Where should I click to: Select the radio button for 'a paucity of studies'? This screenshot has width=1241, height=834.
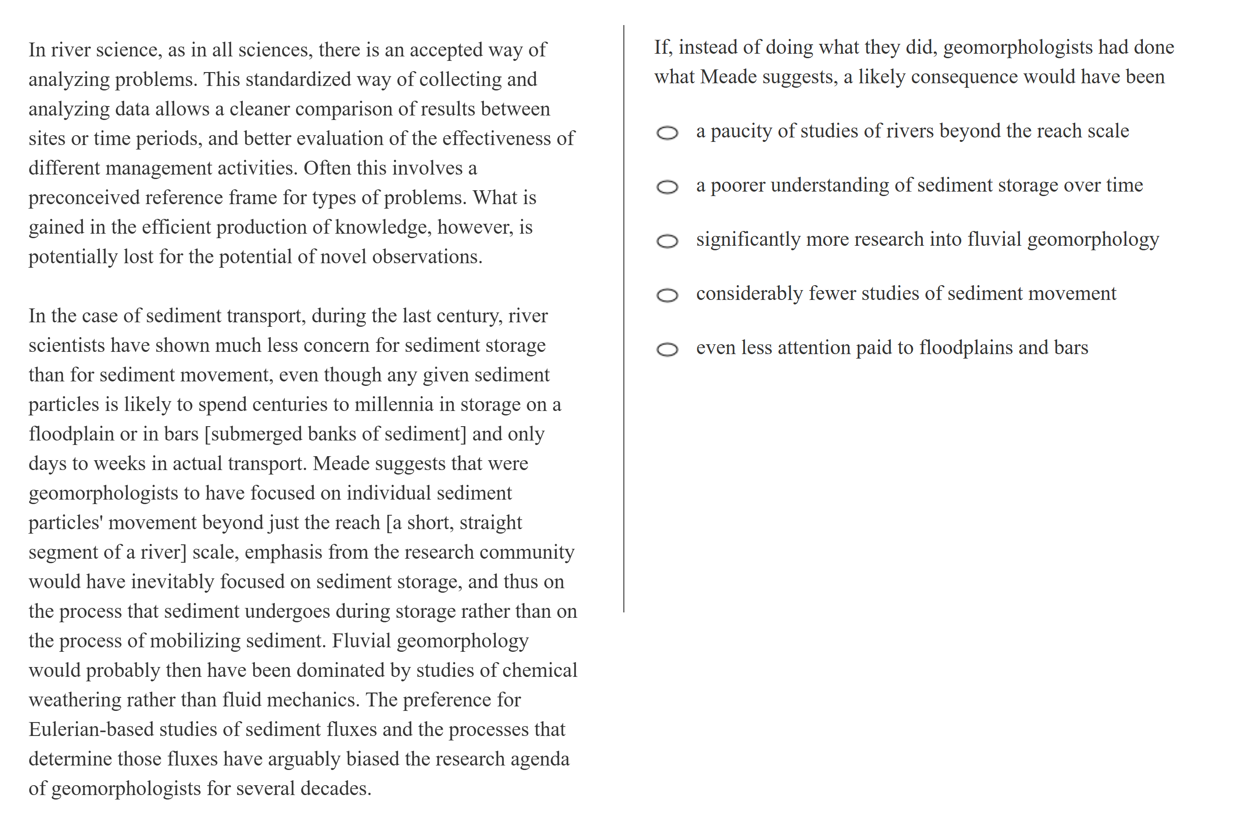point(666,133)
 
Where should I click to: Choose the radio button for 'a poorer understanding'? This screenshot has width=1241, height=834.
point(666,187)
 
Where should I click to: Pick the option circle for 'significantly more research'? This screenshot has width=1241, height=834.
point(666,241)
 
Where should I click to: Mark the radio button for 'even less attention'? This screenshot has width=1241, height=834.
point(666,350)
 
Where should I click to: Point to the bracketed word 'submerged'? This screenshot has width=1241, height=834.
point(255,434)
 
